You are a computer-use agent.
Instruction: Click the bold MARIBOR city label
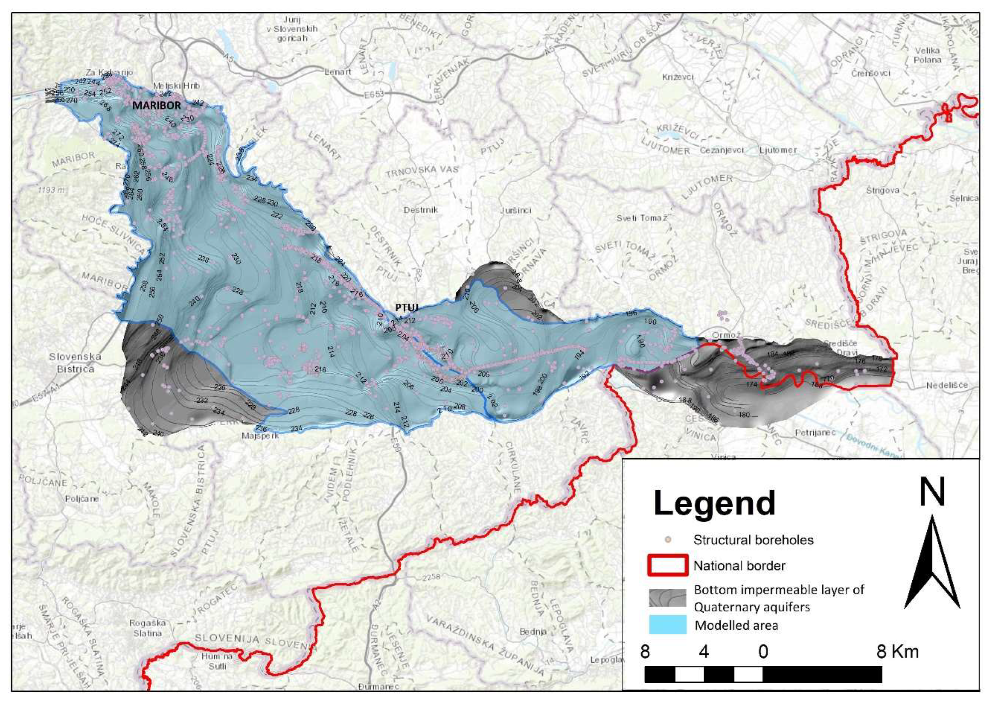click(156, 105)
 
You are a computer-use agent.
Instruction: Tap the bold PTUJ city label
click(406, 307)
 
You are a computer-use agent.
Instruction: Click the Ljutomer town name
click(778, 150)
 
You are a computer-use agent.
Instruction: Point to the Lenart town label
click(338, 72)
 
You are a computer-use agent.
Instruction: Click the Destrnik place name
click(421, 210)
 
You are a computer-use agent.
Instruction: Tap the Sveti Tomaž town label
click(641, 218)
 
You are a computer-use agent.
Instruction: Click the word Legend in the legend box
click(714, 503)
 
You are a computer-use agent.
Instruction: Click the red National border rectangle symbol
click(667, 565)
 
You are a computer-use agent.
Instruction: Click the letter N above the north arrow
click(932, 494)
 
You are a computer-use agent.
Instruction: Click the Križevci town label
click(678, 77)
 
